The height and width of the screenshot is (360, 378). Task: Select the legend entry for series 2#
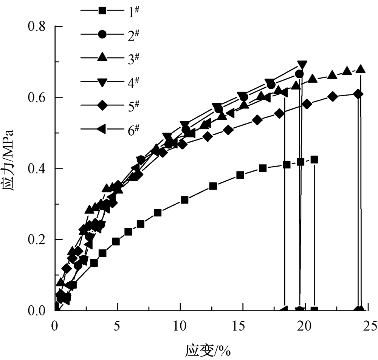pos(110,34)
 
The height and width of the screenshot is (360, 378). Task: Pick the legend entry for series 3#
pos(110,58)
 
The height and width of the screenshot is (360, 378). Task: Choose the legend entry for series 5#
pos(110,105)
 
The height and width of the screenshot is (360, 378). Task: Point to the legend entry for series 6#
pos(110,129)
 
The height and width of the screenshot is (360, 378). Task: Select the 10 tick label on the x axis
pos(180,324)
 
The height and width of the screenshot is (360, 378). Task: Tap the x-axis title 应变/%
pos(208,351)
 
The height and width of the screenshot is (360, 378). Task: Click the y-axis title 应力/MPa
pos(9,160)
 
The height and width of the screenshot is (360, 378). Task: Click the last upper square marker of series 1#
pos(314,159)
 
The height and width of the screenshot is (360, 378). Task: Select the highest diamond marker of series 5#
pos(358,94)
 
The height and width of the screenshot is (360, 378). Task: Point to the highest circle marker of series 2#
pos(299,74)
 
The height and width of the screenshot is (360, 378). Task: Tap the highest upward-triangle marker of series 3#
pos(361,69)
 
